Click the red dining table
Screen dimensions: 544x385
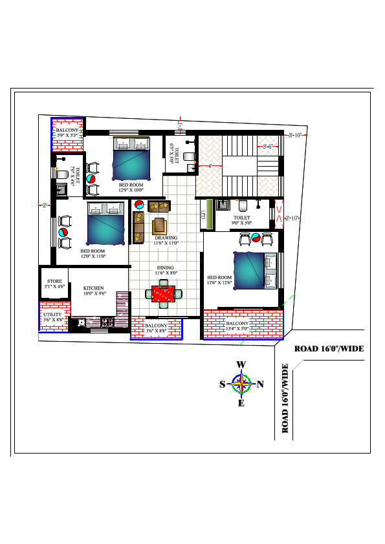(162, 293)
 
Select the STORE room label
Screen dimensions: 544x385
(54, 283)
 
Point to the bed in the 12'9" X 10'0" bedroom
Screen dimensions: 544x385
(132, 159)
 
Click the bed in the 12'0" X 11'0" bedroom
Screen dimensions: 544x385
(105, 223)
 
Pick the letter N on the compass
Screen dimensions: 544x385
(261, 384)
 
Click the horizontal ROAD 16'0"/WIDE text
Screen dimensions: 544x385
(329, 349)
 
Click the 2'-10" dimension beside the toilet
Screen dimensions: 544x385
(292, 218)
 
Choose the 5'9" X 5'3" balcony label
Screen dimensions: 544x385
(67, 133)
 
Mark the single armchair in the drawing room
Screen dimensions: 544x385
(159, 226)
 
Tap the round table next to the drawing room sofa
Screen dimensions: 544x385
(138, 205)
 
